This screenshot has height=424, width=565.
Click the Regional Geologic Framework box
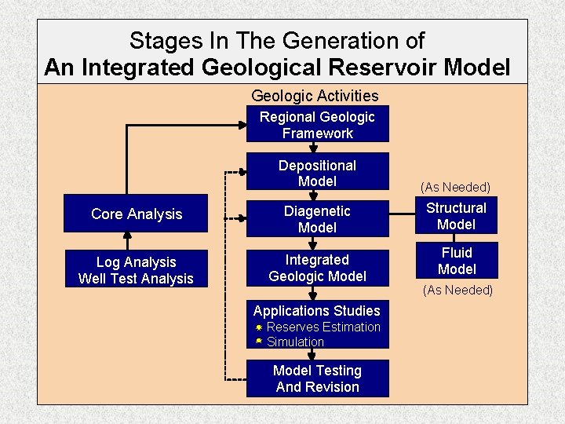[317, 125]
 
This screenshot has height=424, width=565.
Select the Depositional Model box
[317, 173]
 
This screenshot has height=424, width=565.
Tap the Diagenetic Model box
[317, 219]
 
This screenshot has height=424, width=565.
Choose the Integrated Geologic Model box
[317, 268]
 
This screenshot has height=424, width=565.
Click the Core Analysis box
[137, 214]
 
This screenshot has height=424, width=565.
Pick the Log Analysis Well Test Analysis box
[136, 269]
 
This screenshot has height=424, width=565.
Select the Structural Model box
[456, 216]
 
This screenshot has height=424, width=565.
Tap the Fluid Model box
[456, 261]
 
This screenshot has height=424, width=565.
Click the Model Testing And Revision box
[317, 378]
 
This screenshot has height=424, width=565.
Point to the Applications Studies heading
[316, 310]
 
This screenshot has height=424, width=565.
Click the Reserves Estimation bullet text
[323, 327]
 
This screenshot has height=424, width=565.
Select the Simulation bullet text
[295, 342]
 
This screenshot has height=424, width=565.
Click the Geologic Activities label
[315, 96]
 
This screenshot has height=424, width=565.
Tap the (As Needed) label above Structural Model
[455, 187]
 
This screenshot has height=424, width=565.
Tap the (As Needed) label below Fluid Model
[457, 290]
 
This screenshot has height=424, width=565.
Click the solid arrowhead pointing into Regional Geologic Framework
[241, 124]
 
